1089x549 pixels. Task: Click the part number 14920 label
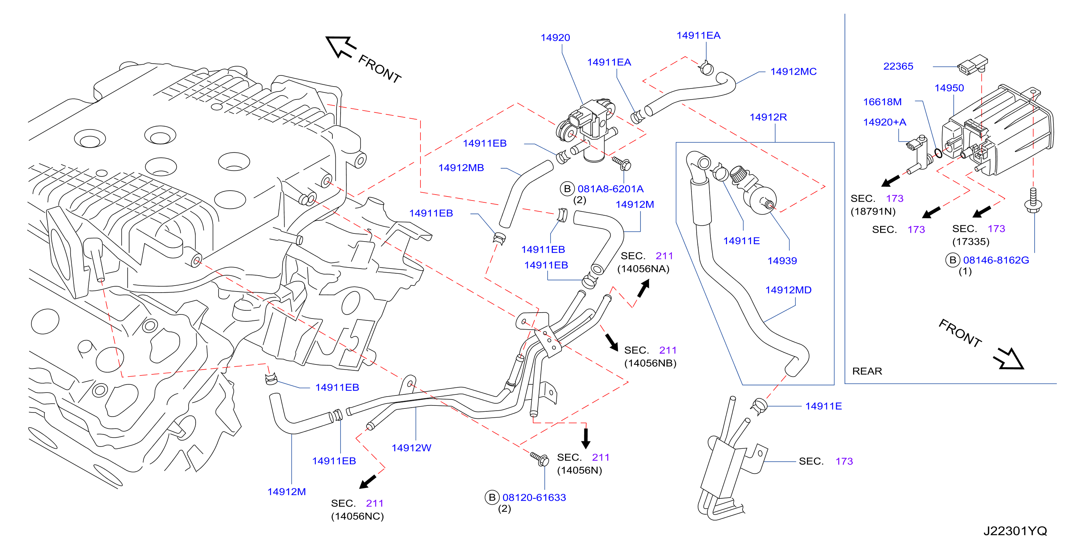coord(555,38)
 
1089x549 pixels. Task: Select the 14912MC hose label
coord(793,71)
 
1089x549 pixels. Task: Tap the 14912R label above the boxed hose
coord(768,117)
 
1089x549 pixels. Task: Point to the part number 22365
coord(898,66)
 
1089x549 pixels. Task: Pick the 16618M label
coord(882,102)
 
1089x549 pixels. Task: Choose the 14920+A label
coord(885,122)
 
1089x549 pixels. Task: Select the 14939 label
coord(782,260)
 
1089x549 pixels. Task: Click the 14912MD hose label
coord(788,290)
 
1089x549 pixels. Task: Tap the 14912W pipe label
coord(411,448)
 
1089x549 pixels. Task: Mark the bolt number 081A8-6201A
coord(610,189)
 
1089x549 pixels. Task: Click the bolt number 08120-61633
coord(534,498)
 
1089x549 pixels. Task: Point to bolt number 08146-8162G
coord(995,260)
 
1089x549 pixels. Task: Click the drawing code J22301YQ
coord(1015,531)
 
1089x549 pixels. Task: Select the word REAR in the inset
coord(867,371)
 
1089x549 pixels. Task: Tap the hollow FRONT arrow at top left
coord(341,47)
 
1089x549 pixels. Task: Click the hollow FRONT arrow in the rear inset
coord(1009,359)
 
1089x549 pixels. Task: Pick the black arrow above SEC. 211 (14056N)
coord(585,438)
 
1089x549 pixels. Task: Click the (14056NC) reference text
coord(357,516)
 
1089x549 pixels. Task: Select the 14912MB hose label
coord(461,168)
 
